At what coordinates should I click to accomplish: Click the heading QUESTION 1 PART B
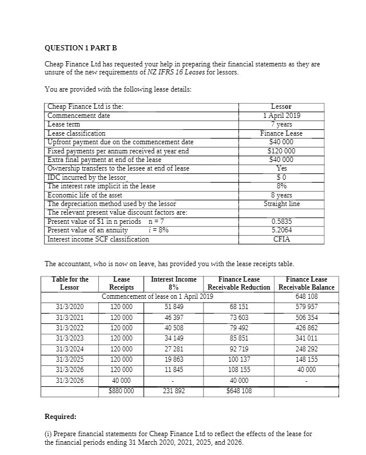point(77,49)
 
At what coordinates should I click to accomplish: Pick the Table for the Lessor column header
point(70,283)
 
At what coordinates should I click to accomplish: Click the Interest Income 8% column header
point(174,283)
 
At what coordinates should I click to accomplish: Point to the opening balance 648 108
point(307,296)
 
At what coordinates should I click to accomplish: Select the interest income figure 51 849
point(174,306)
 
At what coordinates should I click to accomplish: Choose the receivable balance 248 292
point(307,349)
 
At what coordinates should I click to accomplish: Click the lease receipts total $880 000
point(121,391)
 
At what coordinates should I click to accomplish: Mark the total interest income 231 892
point(174,391)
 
